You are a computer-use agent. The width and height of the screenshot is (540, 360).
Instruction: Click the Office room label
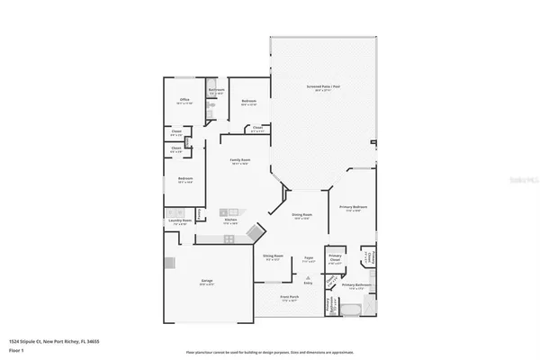click(184, 100)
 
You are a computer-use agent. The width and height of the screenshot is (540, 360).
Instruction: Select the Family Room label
click(240, 160)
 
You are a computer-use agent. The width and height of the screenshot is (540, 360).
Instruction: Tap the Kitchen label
click(230, 220)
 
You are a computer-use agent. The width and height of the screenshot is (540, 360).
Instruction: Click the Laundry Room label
click(178, 220)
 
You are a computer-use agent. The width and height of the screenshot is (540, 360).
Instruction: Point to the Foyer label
click(308, 257)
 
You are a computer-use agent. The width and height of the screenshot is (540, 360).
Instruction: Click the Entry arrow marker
click(308, 280)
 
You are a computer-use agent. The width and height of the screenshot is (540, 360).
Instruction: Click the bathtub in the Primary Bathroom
click(351, 310)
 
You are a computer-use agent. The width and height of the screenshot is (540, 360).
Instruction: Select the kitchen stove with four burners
click(229, 238)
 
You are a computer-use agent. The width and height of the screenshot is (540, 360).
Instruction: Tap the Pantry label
click(201, 212)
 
